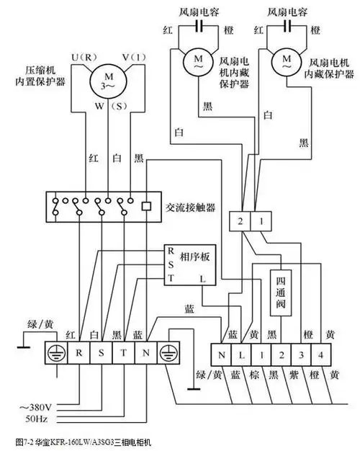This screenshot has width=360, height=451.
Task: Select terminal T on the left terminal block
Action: point(123,354)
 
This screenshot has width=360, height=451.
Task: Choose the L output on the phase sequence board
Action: point(204,277)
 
